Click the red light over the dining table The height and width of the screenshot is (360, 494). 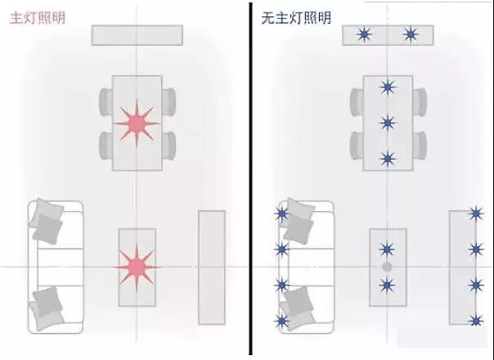[x=137, y=124]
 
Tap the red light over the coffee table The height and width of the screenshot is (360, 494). [x=136, y=266]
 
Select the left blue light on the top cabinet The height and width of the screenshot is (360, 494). [x=364, y=34]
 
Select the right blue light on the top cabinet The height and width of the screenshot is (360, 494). [x=411, y=34]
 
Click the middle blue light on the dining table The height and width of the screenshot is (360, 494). [x=388, y=123]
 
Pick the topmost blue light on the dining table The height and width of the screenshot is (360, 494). [x=388, y=88]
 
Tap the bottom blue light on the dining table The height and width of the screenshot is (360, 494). [x=388, y=158]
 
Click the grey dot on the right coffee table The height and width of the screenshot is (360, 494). [x=387, y=267]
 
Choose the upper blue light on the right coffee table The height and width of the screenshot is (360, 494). [x=387, y=248]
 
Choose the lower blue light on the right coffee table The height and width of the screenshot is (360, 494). [x=387, y=285]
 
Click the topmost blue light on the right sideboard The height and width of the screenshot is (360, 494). [x=475, y=214]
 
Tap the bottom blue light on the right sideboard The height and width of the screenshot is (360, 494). [x=475, y=319]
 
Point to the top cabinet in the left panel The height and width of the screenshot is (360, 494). [x=137, y=35]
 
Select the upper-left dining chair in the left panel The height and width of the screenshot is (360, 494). [x=106, y=102]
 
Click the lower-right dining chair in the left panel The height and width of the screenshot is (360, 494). [x=168, y=146]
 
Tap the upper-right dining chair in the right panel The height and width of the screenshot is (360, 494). [x=420, y=102]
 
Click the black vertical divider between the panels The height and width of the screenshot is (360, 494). [x=248, y=180]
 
